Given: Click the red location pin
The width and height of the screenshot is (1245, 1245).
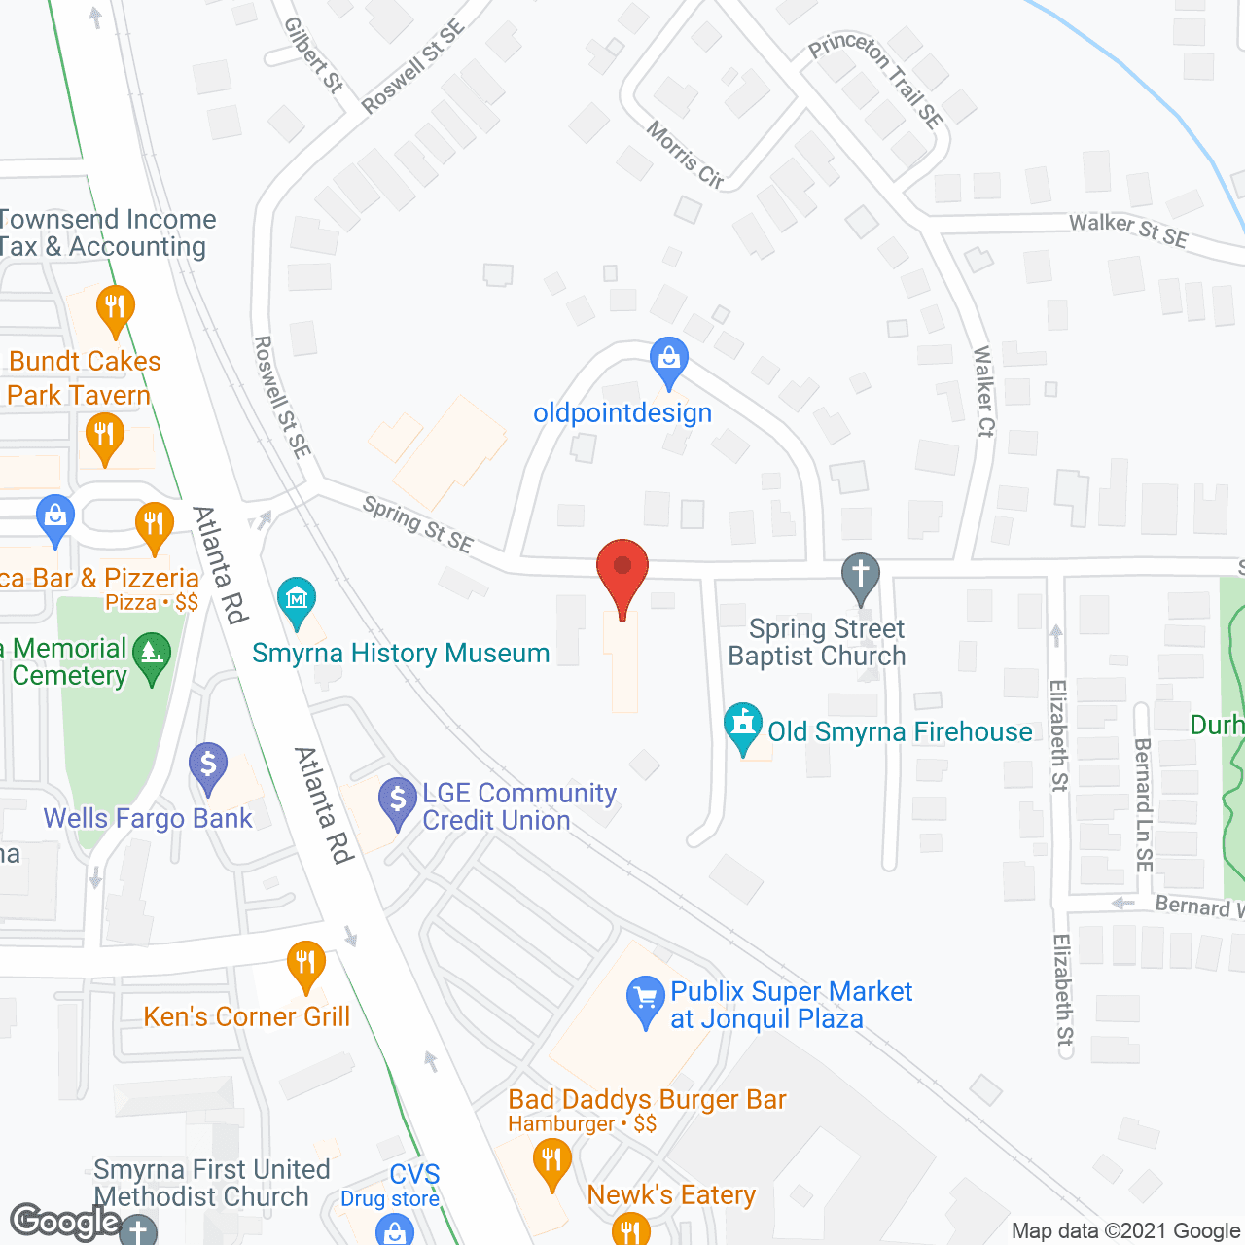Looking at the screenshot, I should [622, 569].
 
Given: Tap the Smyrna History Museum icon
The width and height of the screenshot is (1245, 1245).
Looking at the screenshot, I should [296, 599].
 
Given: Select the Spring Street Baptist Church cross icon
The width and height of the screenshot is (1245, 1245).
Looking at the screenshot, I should [861, 575].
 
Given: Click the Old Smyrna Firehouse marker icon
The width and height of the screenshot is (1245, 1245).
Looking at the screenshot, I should [744, 725].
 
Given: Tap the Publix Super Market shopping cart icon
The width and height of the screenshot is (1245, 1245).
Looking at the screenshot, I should [645, 1000].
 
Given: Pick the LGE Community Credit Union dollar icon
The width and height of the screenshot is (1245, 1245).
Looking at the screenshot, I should [397, 800].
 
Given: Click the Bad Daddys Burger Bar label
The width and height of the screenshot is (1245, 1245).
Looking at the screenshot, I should [647, 1099].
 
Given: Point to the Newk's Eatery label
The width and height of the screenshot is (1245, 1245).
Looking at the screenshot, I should [671, 1194].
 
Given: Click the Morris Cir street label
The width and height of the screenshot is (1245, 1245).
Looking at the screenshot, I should [685, 154].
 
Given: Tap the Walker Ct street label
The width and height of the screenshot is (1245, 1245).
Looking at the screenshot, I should [984, 391].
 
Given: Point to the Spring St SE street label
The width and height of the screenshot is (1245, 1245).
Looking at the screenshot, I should [417, 523].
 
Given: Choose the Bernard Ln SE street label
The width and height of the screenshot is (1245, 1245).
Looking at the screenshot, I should [1144, 803].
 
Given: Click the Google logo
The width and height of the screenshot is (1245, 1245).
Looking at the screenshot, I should [65, 1222].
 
